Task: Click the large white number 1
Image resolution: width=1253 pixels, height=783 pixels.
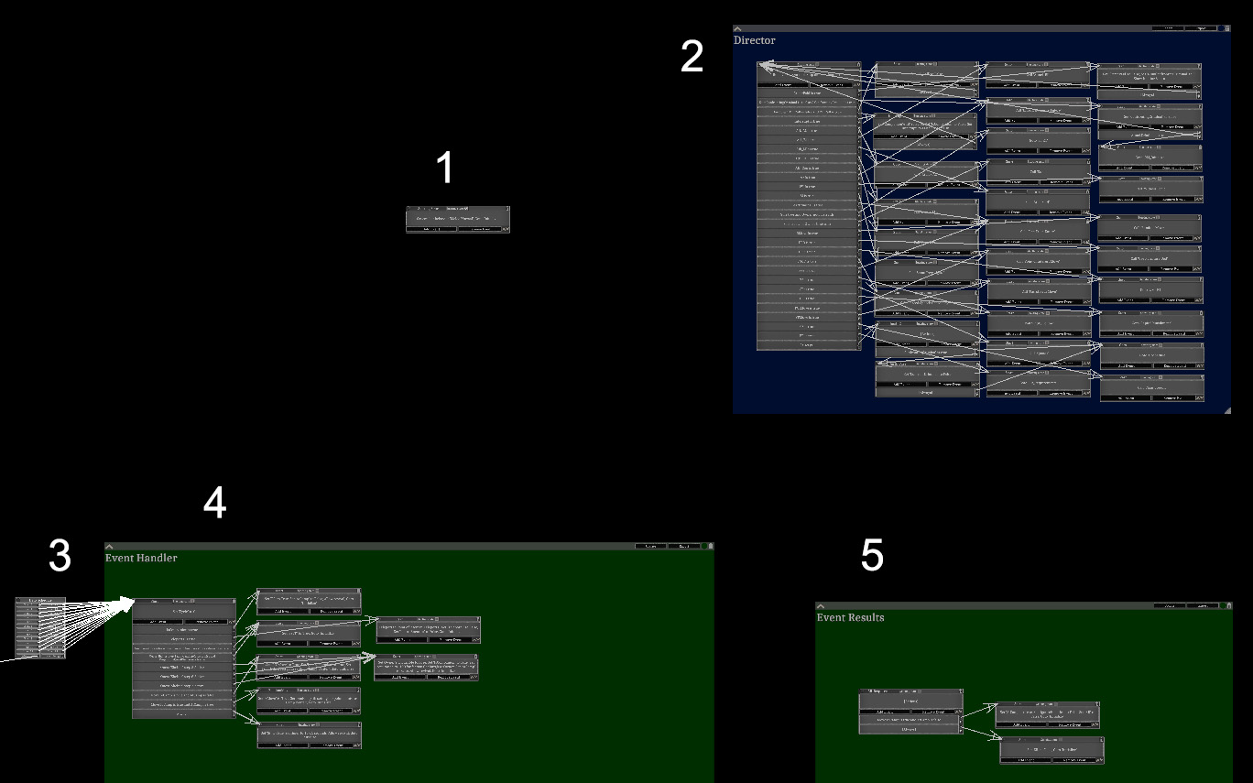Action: tap(444, 169)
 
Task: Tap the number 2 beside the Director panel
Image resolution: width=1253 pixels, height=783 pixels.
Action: tap(692, 58)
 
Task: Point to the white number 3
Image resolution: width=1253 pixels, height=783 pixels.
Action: tap(60, 556)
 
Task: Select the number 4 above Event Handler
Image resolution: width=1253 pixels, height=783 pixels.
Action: tap(214, 503)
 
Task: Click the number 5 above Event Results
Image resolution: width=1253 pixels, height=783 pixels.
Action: tap(872, 555)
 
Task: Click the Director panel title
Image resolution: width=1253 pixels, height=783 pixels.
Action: tap(754, 40)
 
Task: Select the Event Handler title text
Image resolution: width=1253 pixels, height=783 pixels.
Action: tap(141, 558)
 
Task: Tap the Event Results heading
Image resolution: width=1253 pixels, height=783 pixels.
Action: tap(850, 617)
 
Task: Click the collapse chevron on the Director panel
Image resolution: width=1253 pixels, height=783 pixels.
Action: tap(738, 29)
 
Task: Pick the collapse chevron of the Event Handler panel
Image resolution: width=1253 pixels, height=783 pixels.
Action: tap(109, 547)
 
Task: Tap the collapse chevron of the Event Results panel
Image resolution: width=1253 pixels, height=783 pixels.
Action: tap(821, 606)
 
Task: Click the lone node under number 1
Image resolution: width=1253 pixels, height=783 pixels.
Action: tap(457, 220)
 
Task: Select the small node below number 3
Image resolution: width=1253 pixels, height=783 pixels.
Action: tap(40, 627)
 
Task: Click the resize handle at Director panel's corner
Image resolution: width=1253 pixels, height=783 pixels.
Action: tap(1226, 409)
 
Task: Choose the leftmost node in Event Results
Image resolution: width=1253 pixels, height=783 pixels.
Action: tap(910, 712)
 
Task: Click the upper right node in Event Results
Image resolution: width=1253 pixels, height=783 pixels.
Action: tap(1048, 714)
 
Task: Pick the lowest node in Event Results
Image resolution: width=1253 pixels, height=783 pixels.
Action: tap(1051, 750)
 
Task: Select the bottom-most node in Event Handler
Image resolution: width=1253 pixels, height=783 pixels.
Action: tap(309, 735)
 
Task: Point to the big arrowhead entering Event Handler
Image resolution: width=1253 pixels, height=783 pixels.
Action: tap(128, 603)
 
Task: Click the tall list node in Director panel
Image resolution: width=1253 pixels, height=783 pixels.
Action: tap(808, 206)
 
